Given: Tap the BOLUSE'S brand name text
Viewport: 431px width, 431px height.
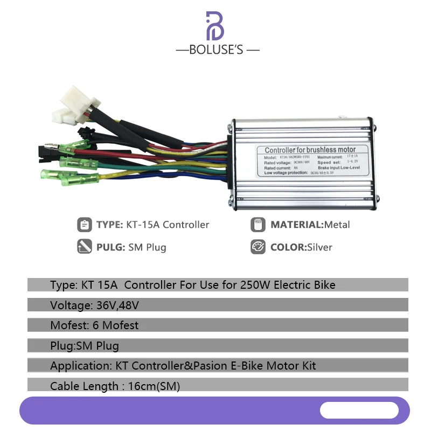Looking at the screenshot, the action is [x=218, y=50].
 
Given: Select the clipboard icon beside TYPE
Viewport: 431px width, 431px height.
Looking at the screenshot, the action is [x=84, y=225].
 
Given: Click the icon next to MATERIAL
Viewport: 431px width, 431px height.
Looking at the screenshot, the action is [x=258, y=225].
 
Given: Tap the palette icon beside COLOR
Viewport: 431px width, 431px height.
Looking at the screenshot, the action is [x=258, y=247].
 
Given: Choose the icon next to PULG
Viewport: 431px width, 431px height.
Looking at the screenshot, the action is [x=84, y=247].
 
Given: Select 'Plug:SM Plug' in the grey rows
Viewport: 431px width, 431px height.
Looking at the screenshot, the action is [x=85, y=345].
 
